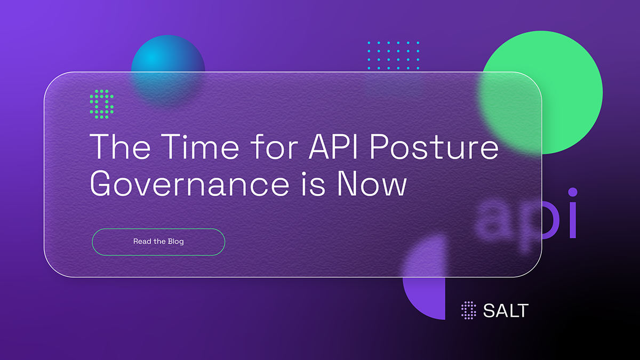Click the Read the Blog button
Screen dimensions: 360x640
158,242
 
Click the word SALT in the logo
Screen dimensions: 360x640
505,310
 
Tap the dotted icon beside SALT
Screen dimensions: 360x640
468,310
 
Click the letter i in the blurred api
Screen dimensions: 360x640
572,219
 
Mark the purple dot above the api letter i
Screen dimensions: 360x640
572,193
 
